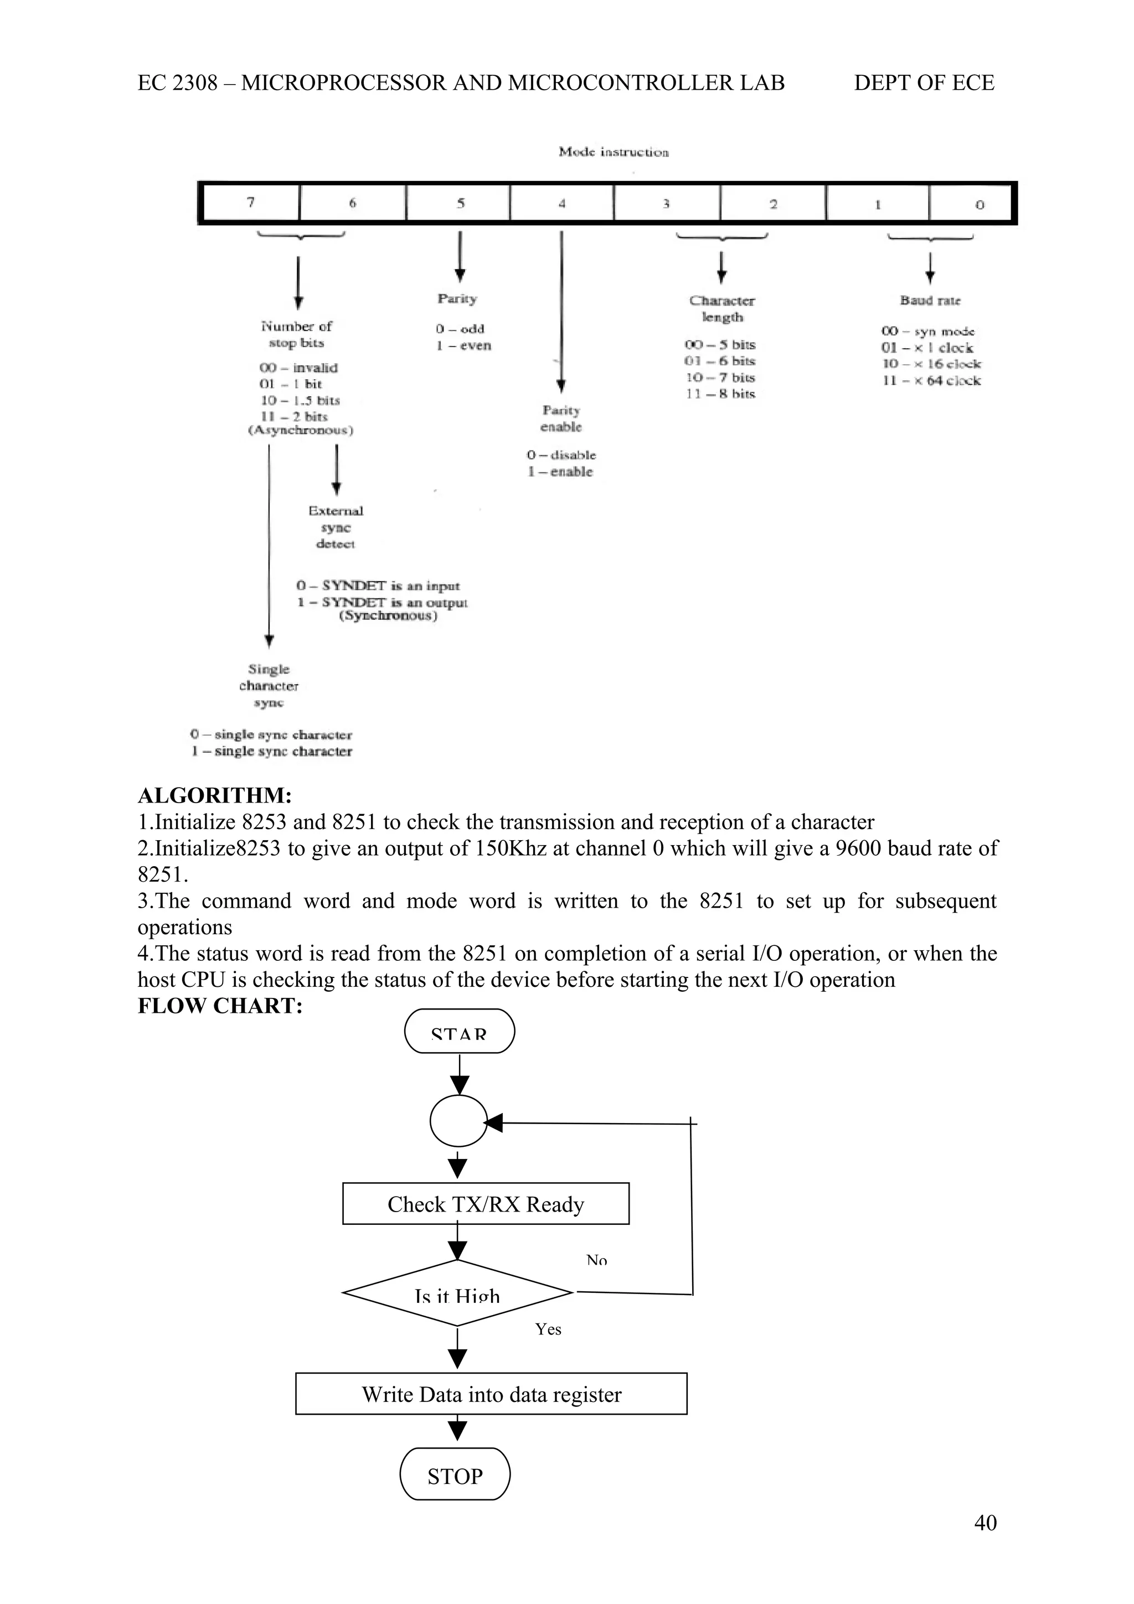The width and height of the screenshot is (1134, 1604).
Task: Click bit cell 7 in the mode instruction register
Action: point(251,203)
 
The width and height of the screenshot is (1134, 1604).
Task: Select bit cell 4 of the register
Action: point(562,203)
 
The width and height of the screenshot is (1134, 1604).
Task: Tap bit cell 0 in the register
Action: point(978,204)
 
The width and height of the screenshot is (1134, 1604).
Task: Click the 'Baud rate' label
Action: point(930,301)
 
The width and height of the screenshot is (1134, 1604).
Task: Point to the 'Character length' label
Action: point(722,309)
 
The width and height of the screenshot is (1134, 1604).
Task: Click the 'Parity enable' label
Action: point(561,418)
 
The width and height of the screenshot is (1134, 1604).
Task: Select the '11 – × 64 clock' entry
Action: point(931,381)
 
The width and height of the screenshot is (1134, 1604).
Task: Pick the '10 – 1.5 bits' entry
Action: point(300,400)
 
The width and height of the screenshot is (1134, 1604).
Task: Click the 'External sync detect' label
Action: point(336,527)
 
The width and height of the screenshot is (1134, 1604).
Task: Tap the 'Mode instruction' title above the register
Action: point(614,152)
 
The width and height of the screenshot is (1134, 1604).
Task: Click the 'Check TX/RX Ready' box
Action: point(486,1204)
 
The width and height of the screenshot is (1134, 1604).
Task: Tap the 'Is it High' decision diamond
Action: point(458,1293)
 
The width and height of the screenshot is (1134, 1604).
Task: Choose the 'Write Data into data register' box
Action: point(491,1394)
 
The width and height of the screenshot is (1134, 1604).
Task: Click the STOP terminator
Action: point(455,1476)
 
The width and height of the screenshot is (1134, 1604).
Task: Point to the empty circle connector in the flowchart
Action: point(458,1121)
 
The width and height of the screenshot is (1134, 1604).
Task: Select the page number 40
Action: point(985,1522)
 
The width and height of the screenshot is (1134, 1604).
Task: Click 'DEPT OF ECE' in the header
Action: point(924,83)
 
